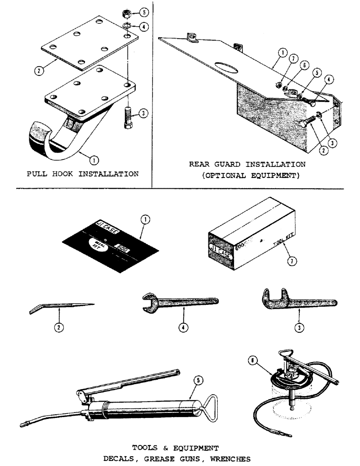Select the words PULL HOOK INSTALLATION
coord(82,174)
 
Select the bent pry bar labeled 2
coord(61,307)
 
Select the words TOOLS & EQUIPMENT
coord(175,448)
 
